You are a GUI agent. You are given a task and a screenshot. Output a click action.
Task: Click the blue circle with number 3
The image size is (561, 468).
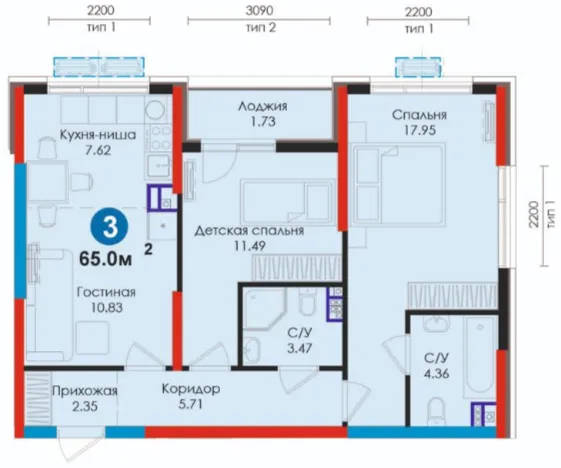tap(109, 228)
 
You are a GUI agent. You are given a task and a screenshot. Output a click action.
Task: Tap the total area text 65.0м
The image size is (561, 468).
tap(106, 259)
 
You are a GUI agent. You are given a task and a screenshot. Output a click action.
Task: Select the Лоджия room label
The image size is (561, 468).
tap(263, 106)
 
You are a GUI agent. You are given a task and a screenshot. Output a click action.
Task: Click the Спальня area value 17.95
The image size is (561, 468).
tap(420, 130)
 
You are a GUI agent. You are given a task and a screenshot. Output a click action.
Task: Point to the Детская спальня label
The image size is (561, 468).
tap(249, 230)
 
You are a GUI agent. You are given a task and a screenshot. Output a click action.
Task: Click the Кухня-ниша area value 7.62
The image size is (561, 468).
tap(98, 150)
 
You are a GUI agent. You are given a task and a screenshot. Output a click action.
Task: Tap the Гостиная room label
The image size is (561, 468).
tap(106, 292)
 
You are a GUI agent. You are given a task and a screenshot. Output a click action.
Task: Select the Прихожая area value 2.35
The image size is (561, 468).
tap(85, 406)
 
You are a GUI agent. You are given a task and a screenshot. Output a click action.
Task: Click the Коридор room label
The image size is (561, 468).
tap(191, 389)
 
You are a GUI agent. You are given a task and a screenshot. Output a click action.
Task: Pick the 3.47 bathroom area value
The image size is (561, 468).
tap(300, 348)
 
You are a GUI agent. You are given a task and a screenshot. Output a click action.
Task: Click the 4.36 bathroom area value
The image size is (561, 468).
tap(436, 374)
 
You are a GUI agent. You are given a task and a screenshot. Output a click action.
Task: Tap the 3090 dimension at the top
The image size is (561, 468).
tap(259, 10)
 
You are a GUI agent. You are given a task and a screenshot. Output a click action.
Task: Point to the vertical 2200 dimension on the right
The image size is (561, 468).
tap(534, 215)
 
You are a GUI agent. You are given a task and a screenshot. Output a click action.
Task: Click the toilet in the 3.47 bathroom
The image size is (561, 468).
tap(306, 301)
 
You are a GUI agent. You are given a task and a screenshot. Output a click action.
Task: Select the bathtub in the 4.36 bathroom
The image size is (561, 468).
tap(480, 357)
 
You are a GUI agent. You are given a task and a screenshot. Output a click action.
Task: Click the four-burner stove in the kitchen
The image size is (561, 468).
tap(158, 139)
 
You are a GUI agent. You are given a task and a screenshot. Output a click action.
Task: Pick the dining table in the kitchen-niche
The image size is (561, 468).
tap(47, 181)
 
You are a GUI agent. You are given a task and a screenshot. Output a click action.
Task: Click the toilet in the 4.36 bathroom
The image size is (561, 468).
tap(435, 411)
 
